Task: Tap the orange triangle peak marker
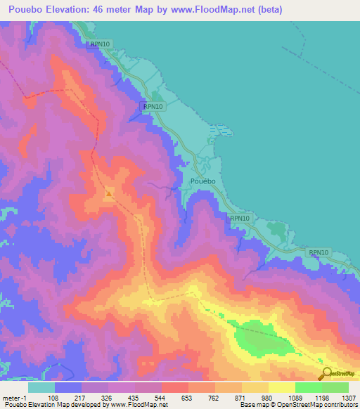click(x=109, y=192)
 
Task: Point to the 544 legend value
click(x=161, y=397)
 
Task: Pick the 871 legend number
click(x=241, y=397)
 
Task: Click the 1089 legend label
click(x=295, y=397)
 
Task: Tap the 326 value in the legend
click(x=108, y=397)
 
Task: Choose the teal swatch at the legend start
click(x=41, y=387)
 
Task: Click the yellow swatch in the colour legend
click(x=281, y=387)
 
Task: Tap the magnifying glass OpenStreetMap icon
click(x=325, y=373)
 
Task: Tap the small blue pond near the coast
click(x=222, y=130)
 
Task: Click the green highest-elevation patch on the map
click(x=264, y=339)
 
